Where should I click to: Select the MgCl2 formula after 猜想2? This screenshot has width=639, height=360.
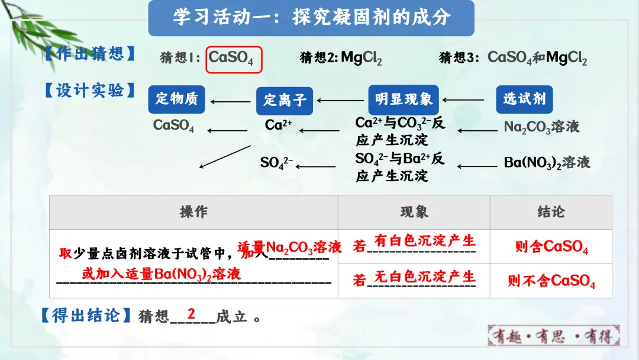[362, 58]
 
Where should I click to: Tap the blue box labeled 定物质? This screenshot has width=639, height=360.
[176, 99]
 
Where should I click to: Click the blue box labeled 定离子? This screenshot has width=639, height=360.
[285, 99]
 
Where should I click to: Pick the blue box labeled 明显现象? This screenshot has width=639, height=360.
[404, 99]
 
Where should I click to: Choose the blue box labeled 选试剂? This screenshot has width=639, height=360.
[524, 99]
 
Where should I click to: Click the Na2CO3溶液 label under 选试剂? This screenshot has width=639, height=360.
[541, 127]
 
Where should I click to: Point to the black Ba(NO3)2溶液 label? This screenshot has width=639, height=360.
[547, 162]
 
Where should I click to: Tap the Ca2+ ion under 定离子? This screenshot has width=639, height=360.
[278, 125]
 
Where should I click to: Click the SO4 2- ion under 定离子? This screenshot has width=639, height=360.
[276, 162]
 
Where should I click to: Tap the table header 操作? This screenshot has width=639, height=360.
[193, 212]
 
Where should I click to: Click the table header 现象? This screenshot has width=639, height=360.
[414, 212]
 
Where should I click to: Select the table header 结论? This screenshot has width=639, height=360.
[551, 212]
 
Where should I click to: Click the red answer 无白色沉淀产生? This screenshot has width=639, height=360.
[425, 277]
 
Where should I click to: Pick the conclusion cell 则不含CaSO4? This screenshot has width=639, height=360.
[551, 281]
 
